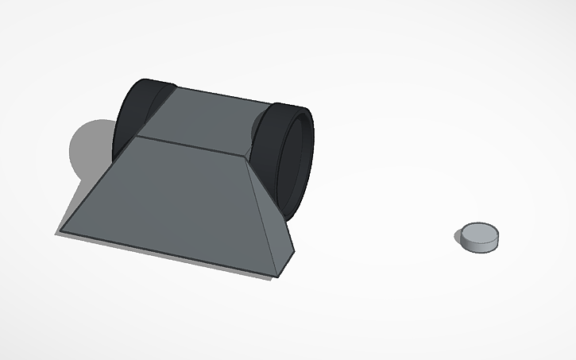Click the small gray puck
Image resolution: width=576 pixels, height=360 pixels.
click(480, 237)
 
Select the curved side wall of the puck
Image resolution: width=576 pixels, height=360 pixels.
click(479, 245)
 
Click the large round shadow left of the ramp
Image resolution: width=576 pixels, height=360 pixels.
click(89, 148)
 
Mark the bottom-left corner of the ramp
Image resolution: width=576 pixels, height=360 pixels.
click(60, 231)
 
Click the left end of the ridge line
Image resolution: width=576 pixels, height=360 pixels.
click(139, 136)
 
